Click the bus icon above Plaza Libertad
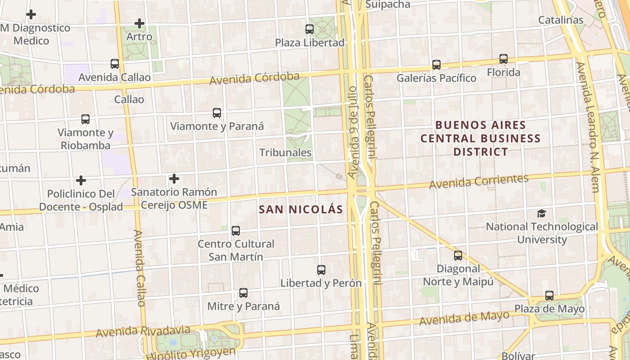point(310,29)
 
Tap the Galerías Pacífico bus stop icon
point(436,65)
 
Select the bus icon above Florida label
point(504,59)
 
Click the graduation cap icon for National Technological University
point(542,213)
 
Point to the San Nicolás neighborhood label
point(301,209)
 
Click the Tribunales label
point(285,153)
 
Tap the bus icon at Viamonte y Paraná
point(217,113)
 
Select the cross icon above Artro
point(139,23)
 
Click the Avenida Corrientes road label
point(479,181)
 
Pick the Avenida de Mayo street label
point(464,318)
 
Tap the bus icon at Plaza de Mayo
point(549,296)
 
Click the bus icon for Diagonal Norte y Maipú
point(458,256)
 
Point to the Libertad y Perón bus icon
point(321,270)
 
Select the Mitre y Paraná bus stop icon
point(243,293)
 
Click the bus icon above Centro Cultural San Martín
point(236,231)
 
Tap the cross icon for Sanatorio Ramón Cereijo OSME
point(174,179)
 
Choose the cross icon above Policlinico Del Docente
point(81,180)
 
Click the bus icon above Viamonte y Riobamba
point(85,119)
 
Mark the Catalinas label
point(561,20)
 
